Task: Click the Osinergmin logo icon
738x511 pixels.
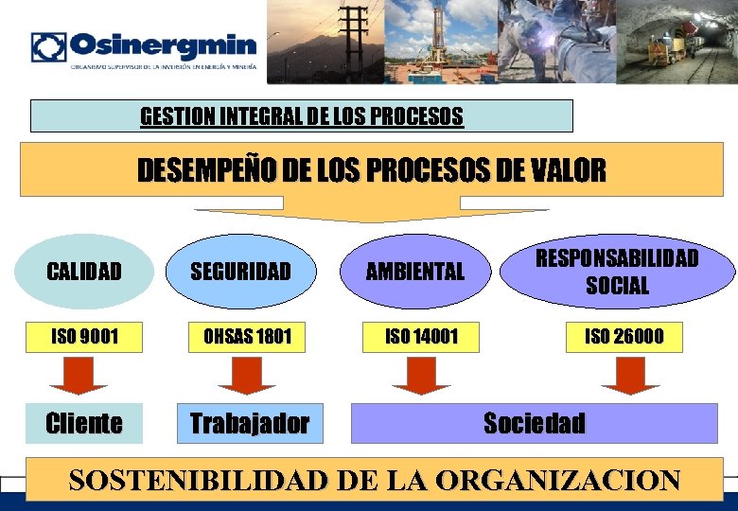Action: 48,46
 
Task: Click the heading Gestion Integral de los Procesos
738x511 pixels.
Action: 302,116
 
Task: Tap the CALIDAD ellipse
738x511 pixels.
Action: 84,272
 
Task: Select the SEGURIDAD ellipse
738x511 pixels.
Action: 241,272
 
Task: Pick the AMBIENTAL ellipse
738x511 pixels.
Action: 415,272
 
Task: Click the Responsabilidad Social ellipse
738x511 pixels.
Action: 617,272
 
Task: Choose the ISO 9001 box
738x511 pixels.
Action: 84,335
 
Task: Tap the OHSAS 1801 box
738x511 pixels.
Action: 241,335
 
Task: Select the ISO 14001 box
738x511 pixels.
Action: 420,335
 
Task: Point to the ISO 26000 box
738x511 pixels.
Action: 624,335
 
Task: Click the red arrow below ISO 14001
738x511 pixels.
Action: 421,376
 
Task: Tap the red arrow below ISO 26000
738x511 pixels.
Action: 630,376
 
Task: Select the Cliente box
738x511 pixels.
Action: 84,423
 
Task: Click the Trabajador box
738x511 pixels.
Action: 250,423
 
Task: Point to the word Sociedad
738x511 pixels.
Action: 535,423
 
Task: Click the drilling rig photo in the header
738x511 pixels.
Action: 442,42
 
